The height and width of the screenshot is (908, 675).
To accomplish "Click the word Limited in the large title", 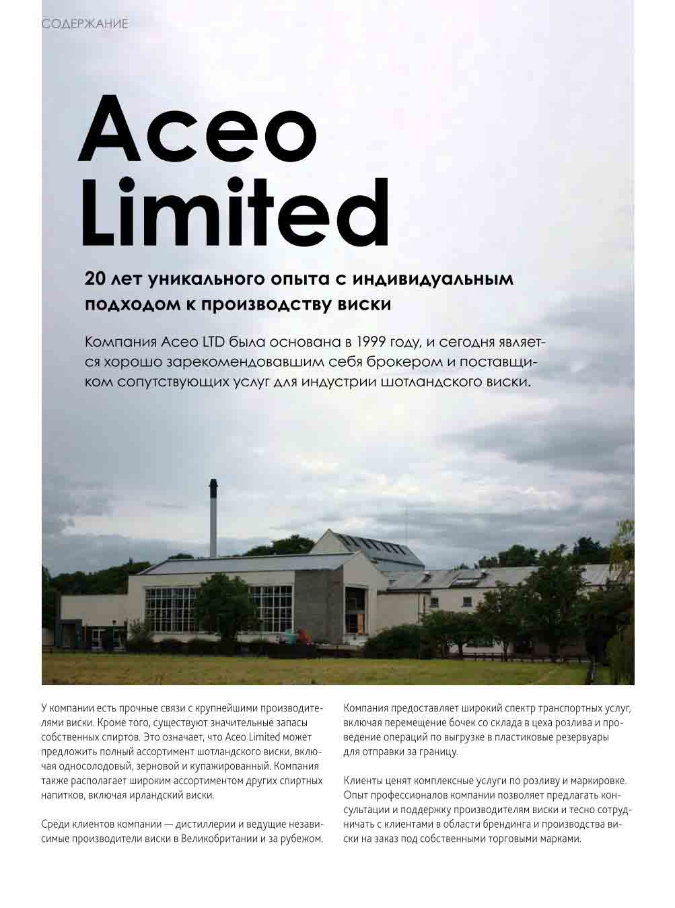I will [235, 212].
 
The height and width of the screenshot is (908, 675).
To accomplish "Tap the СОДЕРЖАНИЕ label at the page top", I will [85, 24].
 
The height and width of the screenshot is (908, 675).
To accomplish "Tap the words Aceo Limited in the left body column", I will [256, 737].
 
